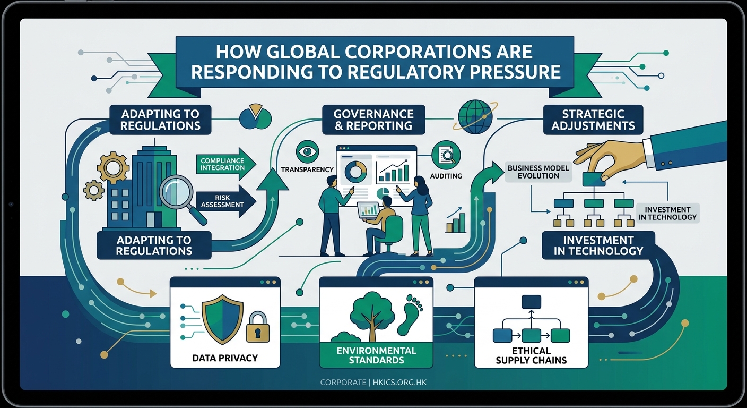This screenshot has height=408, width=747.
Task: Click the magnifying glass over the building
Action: click(179, 192)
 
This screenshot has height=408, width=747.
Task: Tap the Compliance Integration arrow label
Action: click(222, 164)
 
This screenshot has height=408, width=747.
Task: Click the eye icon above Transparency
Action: click(307, 151)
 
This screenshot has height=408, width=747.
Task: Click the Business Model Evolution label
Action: click(538, 172)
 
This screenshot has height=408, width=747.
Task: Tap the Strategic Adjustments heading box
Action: click(593, 120)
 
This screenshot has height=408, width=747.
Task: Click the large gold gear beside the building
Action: click(113, 167)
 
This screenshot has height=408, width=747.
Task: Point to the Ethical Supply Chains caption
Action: click(531, 355)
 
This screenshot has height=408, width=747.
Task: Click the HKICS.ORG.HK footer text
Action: click(398, 382)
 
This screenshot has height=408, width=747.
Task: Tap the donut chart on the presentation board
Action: click(355, 171)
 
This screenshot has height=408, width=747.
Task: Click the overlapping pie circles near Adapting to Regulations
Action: click(256, 117)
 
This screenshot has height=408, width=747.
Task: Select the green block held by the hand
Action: click(594, 180)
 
